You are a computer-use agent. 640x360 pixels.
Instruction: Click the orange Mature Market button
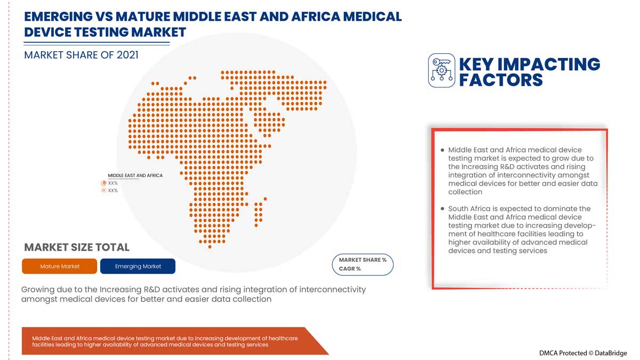60,266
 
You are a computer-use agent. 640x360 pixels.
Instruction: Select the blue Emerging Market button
138,266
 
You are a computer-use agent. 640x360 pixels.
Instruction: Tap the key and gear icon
442,70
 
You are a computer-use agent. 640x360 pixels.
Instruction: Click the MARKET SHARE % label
363,260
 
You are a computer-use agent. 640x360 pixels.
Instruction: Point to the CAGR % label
350,269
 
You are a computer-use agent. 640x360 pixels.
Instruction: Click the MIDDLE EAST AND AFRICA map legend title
135,175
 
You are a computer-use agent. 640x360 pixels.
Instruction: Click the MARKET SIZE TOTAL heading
77,247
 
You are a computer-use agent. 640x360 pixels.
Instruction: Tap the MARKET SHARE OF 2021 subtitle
81,54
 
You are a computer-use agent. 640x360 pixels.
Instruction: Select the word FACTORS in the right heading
501,80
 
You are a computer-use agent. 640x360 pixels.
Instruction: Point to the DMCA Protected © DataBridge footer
583,353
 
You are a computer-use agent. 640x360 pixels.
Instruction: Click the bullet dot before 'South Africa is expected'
442,209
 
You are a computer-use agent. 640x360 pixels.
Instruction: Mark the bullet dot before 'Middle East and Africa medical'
442,150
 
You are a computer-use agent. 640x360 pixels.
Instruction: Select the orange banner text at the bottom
165,341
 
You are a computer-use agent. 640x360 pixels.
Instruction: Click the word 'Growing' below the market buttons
38,290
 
